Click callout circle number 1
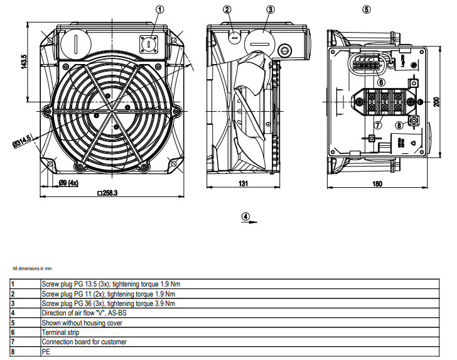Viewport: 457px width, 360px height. click(159, 9)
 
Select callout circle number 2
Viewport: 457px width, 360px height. click(227, 9)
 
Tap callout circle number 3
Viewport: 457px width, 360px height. click(271, 9)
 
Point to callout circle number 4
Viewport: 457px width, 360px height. click(245, 217)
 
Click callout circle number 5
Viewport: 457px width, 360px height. click(367, 9)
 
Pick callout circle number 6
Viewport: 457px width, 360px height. click(381, 82)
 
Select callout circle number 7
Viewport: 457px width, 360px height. click(378, 125)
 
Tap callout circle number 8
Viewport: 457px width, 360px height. click(399, 125)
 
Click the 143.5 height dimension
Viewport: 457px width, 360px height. click(24, 62)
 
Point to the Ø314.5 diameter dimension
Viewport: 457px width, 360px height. click(21, 141)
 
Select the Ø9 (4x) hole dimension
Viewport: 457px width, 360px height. click(69, 183)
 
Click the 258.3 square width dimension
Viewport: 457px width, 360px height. click(107, 193)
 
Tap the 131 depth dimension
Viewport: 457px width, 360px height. click(243, 183)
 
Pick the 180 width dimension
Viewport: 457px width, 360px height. click(377, 184)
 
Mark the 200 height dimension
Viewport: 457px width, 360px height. click(436, 102)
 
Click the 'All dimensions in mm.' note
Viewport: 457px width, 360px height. click(33, 268)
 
